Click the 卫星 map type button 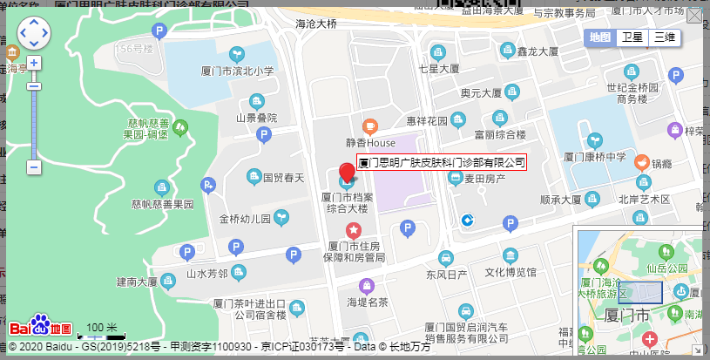pyautogui.click(x=632, y=37)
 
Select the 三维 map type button pyautogui.click(x=665, y=37)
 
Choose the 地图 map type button pyautogui.click(x=600, y=37)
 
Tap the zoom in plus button pyautogui.click(x=34, y=64)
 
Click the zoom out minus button pyautogui.click(x=34, y=166)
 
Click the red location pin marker pyautogui.click(x=347, y=168)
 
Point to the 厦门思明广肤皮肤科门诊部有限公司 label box pyautogui.click(x=443, y=163)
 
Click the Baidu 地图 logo pyautogui.click(x=41, y=326)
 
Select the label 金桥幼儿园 pyautogui.click(x=246, y=219)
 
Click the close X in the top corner pyautogui.click(x=695, y=16)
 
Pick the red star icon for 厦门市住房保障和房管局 pyautogui.click(x=353, y=230)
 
